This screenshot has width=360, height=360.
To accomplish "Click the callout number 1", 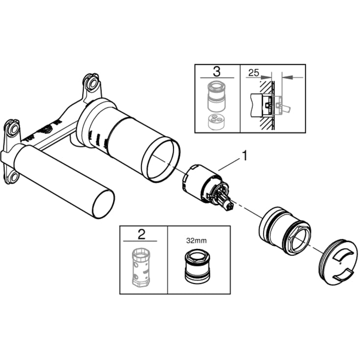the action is pyautogui.click(x=245, y=156).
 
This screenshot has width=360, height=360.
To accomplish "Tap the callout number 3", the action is pyautogui.click(x=216, y=72).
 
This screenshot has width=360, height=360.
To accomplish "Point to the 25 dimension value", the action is pyautogui.click(x=254, y=73).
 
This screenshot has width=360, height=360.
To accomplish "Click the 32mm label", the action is pyautogui.click(x=196, y=240).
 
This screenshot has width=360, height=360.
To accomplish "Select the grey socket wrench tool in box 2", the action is pyautogui.click(x=140, y=267).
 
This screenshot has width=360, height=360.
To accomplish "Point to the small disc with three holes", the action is pyautogui.click(x=216, y=121).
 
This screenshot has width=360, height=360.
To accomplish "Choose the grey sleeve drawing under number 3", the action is pyautogui.click(x=216, y=96).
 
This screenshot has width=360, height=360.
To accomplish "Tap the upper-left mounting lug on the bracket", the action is pyautogui.click(x=13, y=128).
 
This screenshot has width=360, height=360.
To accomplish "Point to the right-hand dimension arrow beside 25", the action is pyautogui.click(x=292, y=77).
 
